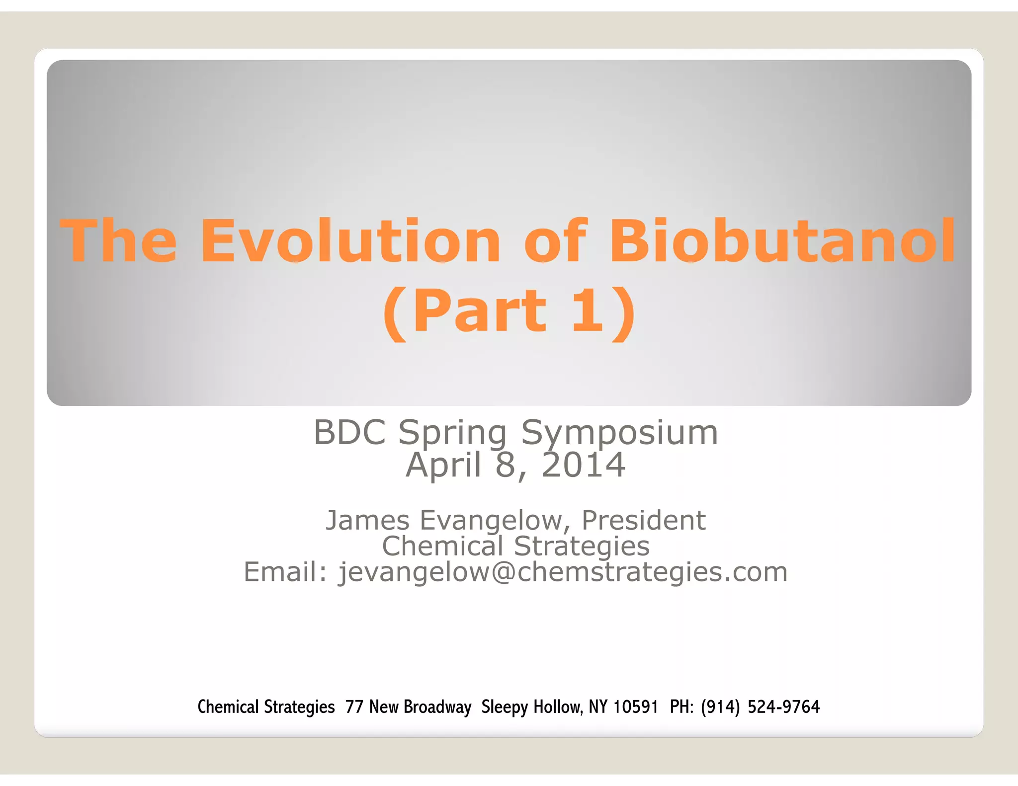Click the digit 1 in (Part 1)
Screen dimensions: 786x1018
[587, 311]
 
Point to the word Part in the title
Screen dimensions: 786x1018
[480, 311]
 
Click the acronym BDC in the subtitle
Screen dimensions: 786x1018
[349, 432]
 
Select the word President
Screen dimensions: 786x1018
[643, 521]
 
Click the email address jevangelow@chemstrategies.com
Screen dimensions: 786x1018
[563, 572]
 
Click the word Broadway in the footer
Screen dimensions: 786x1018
[438, 707]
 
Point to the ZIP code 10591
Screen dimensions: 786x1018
[635, 707]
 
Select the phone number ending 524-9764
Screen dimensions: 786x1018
[760, 707]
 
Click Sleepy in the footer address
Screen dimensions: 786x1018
[505, 707]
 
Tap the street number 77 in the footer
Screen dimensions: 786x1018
[354, 707]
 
